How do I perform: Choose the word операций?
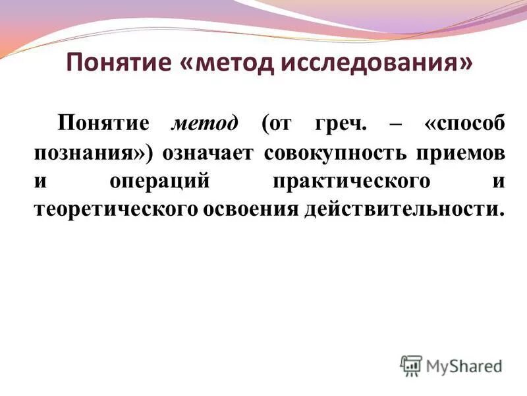point(158,181)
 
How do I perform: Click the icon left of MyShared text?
point(410,365)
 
